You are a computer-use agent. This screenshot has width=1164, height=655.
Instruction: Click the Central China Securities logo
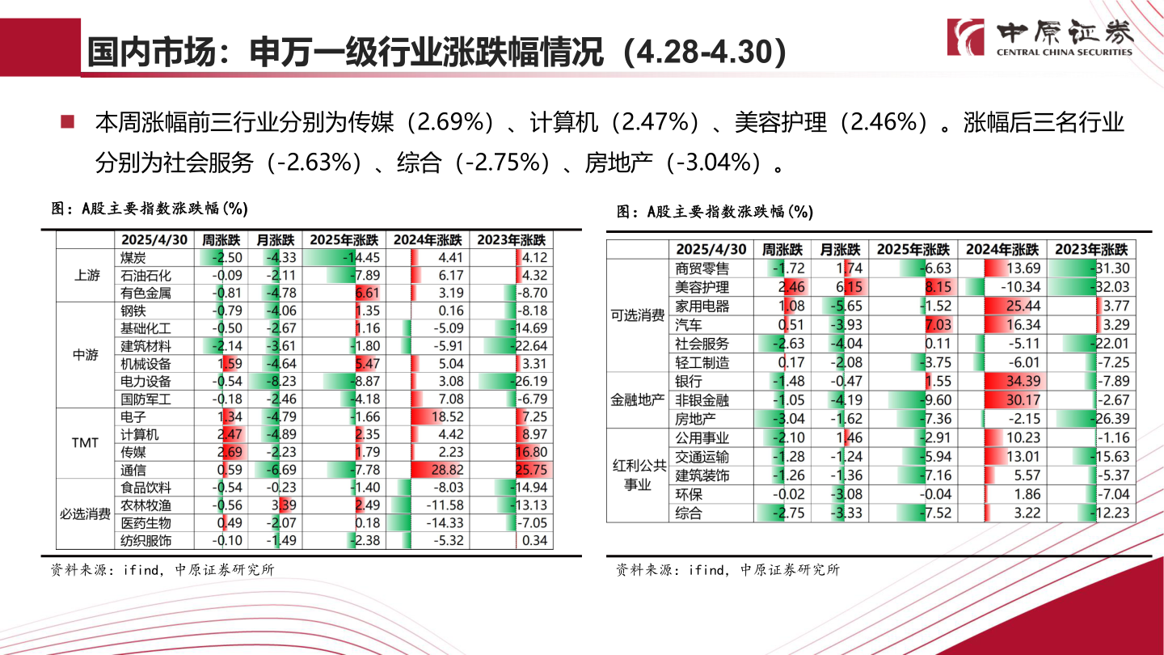tap(1040, 38)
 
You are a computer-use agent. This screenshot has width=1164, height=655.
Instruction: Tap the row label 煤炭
tap(133, 258)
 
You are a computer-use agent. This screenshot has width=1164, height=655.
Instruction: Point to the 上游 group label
tap(86, 276)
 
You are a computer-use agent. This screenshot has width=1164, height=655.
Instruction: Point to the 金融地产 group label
tap(638, 400)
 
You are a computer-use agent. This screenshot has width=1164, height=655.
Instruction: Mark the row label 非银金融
tap(702, 400)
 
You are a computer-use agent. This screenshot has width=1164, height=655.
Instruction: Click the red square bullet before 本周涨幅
tap(68, 123)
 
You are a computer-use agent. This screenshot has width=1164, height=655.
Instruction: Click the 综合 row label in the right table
tap(689, 513)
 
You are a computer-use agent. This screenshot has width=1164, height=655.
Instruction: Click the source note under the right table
tap(727, 570)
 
